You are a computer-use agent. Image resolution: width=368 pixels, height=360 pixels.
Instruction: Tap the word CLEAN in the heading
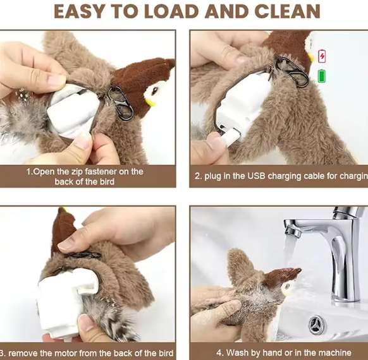287,11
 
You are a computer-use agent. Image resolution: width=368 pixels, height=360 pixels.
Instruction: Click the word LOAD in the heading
171,11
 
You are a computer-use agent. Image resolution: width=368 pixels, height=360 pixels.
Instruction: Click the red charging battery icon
322,56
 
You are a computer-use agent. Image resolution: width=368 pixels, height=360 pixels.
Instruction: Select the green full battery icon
322,76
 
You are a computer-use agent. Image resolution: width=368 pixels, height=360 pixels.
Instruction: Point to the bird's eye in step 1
154,90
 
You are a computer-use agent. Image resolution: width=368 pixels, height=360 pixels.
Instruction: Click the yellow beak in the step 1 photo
150,102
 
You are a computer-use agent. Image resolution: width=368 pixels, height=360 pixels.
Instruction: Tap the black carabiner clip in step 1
120,103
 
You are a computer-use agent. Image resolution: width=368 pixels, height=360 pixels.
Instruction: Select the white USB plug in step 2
230,136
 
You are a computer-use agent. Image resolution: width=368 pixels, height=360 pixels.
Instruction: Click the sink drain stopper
317,325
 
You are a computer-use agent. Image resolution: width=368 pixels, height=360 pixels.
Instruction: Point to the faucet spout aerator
292,231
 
